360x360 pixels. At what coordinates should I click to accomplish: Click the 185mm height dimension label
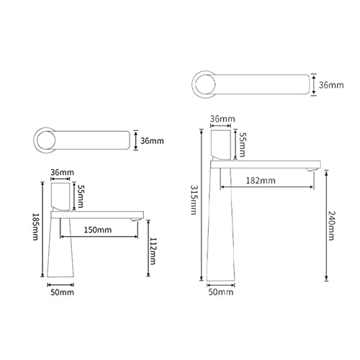pyautogui.click(x=35, y=227)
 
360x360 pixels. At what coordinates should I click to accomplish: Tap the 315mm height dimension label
pyautogui.click(x=194, y=199)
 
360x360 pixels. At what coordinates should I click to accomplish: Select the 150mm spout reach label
pyautogui.click(x=98, y=230)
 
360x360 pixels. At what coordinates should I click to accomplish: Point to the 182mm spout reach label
pyautogui.click(x=261, y=181)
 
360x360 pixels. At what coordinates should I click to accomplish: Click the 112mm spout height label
pyautogui.click(x=153, y=251)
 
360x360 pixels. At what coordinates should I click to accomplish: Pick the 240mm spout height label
pyautogui.click(x=331, y=225)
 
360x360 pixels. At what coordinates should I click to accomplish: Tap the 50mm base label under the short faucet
pyautogui.click(x=62, y=292)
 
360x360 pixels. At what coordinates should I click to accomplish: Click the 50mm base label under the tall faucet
pyautogui.click(x=221, y=292)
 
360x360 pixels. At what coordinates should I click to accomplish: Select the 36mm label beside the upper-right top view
pyautogui.click(x=331, y=85)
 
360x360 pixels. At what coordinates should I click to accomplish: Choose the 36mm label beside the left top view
pyautogui.click(x=152, y=141)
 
